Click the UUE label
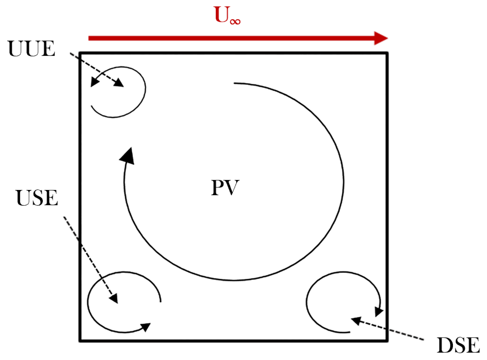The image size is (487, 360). pos(31,49)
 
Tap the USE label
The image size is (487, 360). pos(37,198)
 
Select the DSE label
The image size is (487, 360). pos(458,345)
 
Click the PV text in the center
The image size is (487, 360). pos(225,188)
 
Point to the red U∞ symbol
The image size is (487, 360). pos(227,15)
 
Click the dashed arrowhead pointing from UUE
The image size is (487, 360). pos(119,82)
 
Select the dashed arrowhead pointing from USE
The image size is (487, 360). pos(114,298)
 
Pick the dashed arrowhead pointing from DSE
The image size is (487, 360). pos(356,321)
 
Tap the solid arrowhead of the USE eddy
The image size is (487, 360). pos(145,327)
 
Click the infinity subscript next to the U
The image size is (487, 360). pos(235,21)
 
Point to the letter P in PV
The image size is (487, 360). pos(218,188)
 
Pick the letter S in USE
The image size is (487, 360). pos(37,198)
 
